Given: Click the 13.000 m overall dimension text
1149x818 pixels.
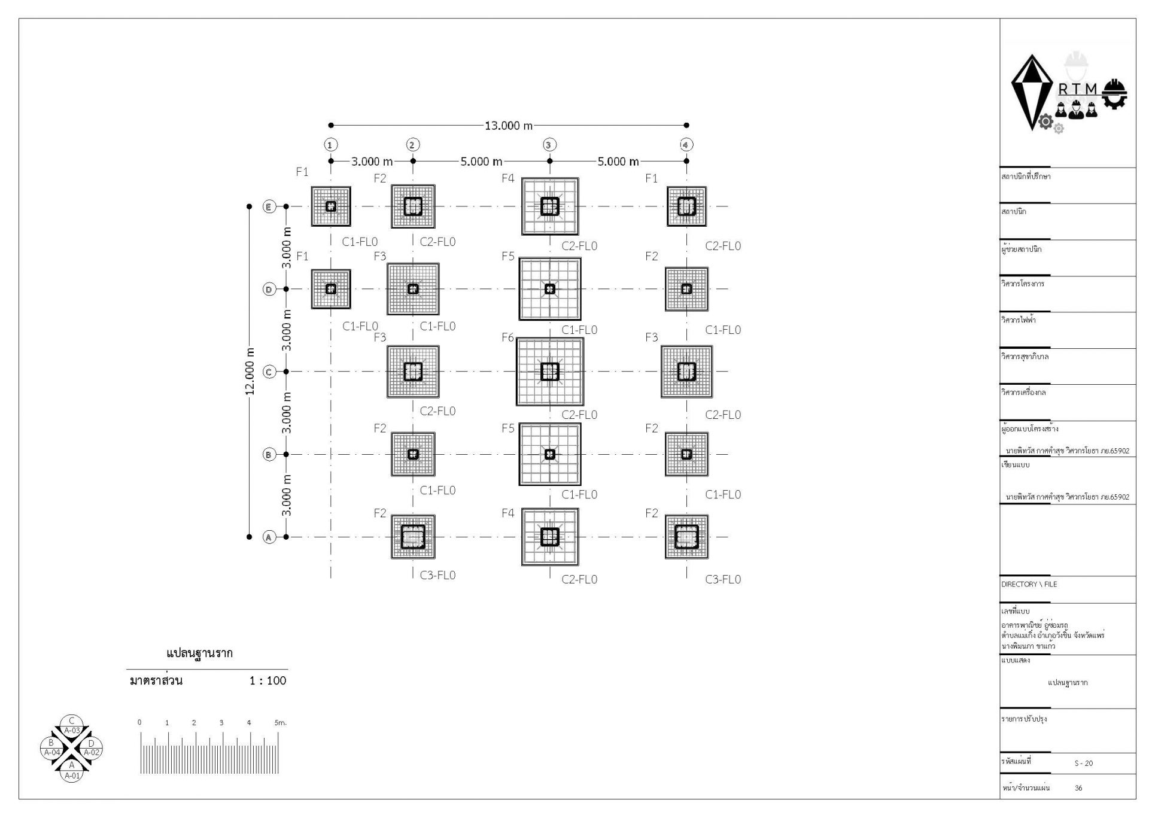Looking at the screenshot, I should [x=508, y=126].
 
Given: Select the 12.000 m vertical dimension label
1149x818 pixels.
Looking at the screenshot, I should [x=250, y=371].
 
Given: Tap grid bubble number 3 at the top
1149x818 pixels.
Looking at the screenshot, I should [x=549, y=145].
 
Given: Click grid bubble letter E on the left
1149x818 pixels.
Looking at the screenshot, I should [x=269, y=206].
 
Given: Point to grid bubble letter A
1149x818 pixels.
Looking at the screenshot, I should [x=269, y=537].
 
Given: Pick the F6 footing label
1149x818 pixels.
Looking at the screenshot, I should [x=507, y=337].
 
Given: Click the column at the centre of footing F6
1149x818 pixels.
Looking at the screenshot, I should [x=549, y=372].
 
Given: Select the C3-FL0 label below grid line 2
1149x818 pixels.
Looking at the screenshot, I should [x=437, y=575].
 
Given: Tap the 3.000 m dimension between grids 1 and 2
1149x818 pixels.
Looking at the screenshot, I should [x=372, y=162].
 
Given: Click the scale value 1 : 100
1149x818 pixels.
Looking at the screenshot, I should [x=268, y=680].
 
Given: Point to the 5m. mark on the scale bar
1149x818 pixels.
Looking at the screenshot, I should [x=280, y=723].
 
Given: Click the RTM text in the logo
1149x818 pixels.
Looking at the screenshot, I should [x=1078, y=89].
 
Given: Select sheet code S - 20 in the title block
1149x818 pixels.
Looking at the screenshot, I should [x=1083, y=764].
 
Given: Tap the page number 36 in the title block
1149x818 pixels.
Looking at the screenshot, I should [x=1078, y=788].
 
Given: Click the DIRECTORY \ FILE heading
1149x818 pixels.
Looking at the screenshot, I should [x=1029, y=584].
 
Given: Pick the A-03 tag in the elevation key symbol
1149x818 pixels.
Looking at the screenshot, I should [x=72, y=731].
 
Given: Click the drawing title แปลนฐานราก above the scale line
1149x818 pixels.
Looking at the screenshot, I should [x=199, y=653].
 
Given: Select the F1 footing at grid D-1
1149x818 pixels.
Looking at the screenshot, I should [x=330, y=289].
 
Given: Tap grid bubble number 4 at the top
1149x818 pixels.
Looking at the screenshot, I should [x=686, y=145].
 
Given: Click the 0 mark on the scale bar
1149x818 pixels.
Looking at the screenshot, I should [x=139, y=723].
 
